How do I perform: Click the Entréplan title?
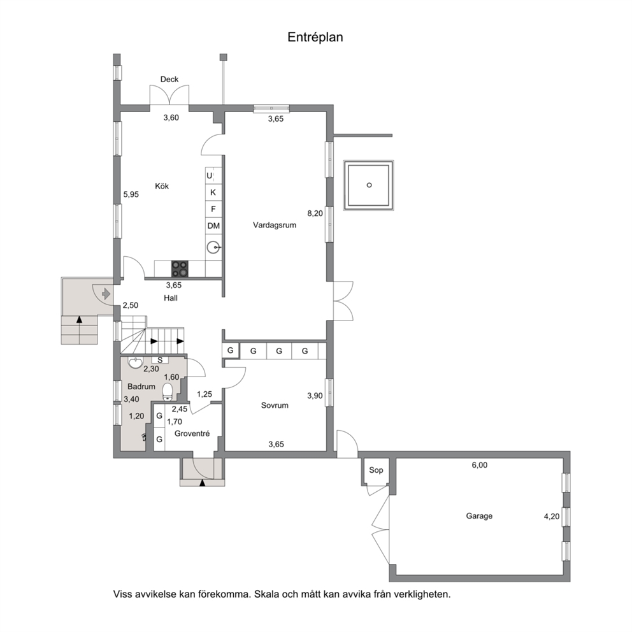pos(315,37)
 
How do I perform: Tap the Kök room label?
pos(162,186)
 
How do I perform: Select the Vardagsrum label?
pos(275,226)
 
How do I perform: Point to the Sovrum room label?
pos(275,405)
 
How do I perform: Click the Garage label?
pos(479,516)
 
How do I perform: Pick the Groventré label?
pos(192,434)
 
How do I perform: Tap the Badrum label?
pos(141,387)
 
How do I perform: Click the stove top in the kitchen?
pos(180,269)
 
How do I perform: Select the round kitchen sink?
pos(213,247)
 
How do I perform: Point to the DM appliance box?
pos(213,226)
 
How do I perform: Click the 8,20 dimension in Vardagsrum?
pos(315,213)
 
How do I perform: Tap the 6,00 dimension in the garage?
pos(480,465)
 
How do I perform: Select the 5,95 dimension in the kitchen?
pos(131,195)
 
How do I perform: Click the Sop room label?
pos(376,470)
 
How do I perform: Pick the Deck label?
pos(169,80)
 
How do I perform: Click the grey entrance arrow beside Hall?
pos(106,294)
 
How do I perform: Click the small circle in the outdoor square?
pos(369,185)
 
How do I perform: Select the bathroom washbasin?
pos(134,362)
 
